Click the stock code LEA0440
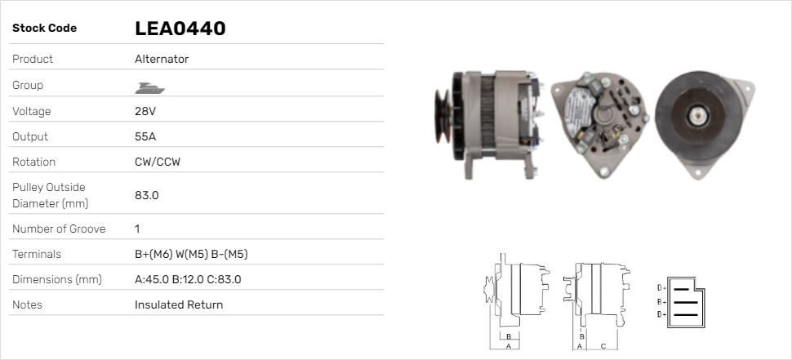[180, 29]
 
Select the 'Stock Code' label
[44, 29]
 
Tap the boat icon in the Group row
[149, 88]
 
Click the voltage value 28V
[145, 111]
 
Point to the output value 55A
[145, 136]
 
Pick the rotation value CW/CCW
[158, 162]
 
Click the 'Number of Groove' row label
[59, 229]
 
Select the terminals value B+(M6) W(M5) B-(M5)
[191, 254]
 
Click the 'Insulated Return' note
[179, 304]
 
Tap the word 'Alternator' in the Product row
[162, 59]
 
